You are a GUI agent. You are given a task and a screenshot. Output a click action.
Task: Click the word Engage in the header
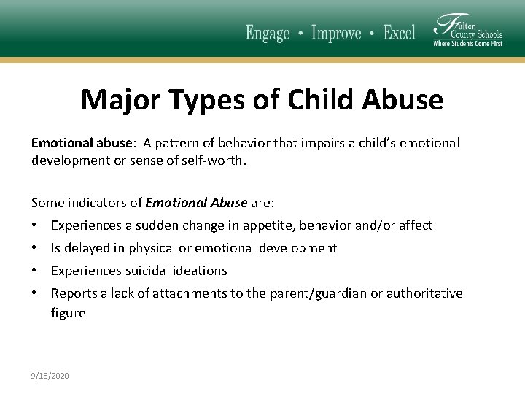268,34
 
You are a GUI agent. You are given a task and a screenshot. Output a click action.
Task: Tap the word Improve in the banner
336,34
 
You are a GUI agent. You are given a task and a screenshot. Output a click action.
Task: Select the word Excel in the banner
399,34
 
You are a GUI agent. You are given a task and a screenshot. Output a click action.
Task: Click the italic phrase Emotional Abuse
196,203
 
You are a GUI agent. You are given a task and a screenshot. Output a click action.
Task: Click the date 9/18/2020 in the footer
50,376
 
